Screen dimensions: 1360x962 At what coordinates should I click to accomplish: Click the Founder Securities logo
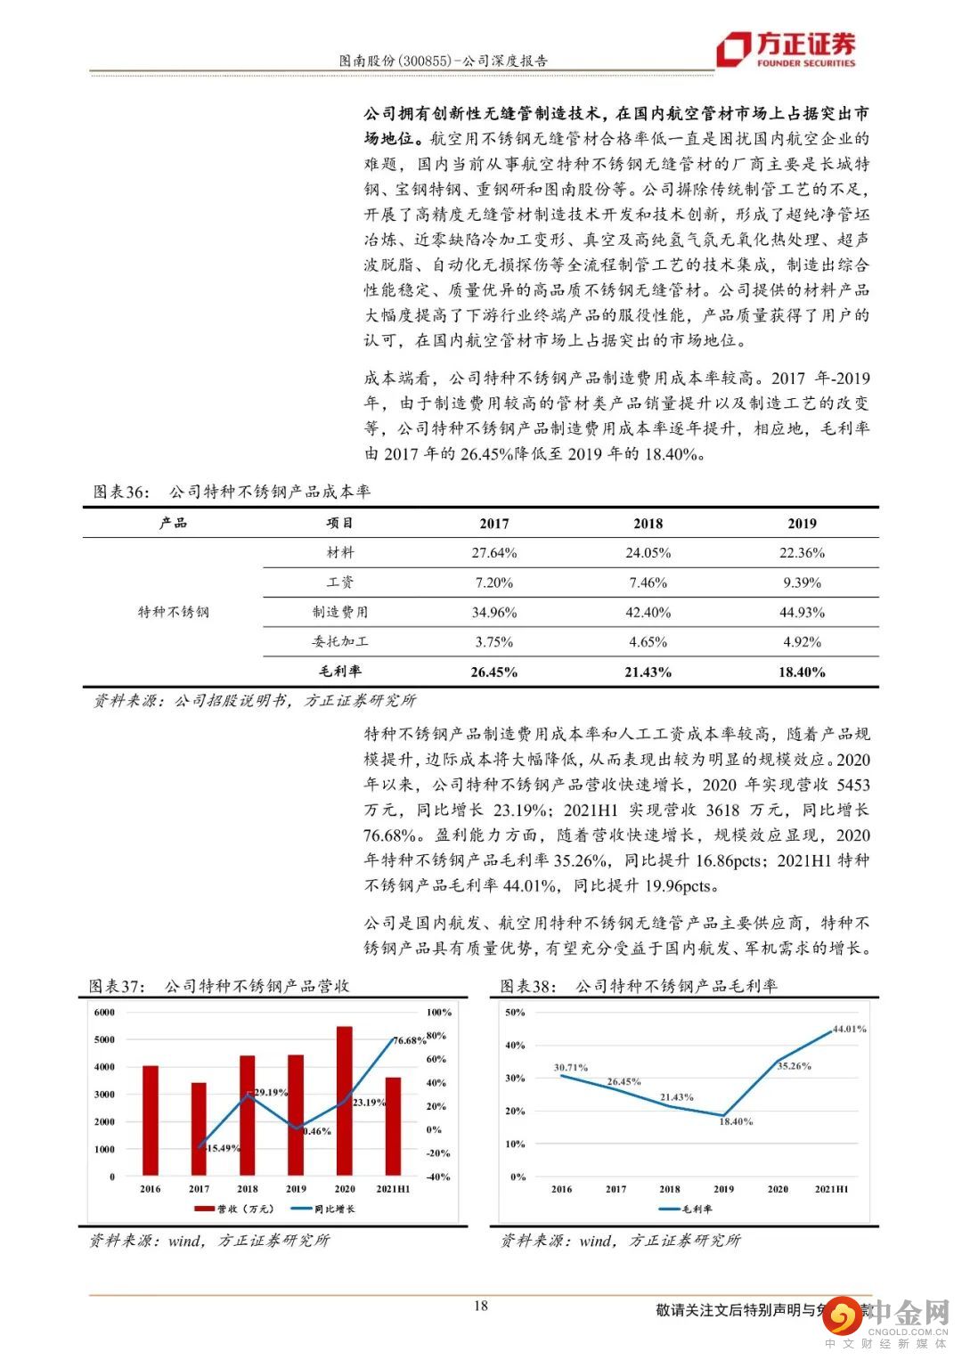click(x=787, y=48)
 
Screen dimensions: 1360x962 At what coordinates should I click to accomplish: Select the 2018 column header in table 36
click(x=648, y=524)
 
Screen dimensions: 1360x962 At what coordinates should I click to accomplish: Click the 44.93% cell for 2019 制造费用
click(x=802, y=613)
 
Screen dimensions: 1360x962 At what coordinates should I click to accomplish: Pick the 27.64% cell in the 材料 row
click(x=493, y=553)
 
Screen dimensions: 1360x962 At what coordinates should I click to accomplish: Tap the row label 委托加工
click(x=339, y=642)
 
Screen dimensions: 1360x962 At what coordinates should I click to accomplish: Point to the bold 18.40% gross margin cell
click(x=802, y=672)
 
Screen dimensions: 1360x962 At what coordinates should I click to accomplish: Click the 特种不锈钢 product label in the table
click(x=173, y=613)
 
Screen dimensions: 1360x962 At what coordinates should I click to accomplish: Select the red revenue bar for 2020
click(x=344, y=1101)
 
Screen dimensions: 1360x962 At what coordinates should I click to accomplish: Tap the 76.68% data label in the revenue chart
click(x=410, y=1040)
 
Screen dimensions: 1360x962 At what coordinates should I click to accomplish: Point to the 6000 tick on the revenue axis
click(x=104, y=1013)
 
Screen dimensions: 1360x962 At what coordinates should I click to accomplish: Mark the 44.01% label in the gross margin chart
click(x=849, y=1029)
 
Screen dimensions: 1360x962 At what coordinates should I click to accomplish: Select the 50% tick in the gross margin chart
click(x=516, y=1013)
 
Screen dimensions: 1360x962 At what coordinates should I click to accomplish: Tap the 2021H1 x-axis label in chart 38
click(x=831, y=1189)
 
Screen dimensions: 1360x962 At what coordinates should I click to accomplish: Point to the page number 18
click(x=481, y=1307)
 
